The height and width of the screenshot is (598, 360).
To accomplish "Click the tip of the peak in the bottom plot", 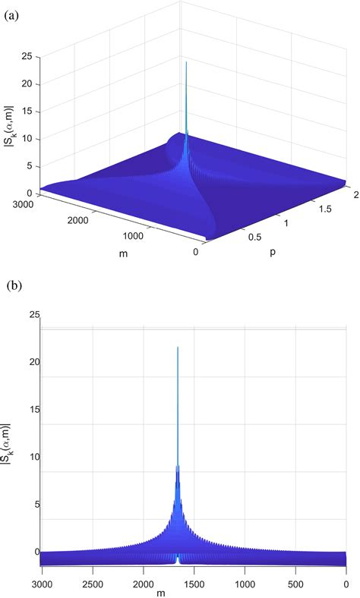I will pyautogui.click(x=178, y=347).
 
